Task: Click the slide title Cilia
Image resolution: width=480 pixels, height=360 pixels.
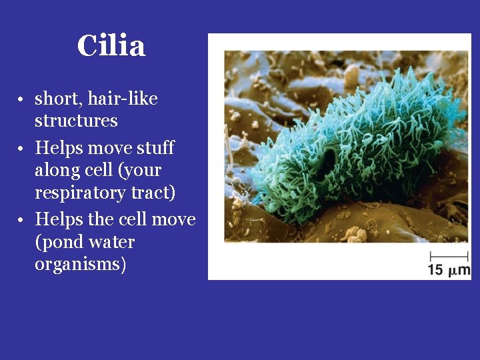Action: [111, 46]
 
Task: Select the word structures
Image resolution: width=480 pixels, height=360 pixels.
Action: [76, 121]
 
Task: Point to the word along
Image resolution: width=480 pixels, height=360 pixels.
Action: [55, 169]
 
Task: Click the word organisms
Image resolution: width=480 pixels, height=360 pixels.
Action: [80, 264]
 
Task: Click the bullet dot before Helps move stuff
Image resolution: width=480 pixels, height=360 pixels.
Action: [21, 148]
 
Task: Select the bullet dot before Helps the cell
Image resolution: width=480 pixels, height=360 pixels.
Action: [21, 220]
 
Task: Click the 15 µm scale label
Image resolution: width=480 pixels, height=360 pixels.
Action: [449, 270]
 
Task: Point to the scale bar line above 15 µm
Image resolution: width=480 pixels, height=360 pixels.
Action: [449, 256]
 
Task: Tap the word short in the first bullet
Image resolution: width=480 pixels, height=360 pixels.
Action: [53, 99]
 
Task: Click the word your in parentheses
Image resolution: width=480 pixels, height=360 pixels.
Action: [143, 171]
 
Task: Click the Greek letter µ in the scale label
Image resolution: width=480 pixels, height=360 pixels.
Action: [452, 271]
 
